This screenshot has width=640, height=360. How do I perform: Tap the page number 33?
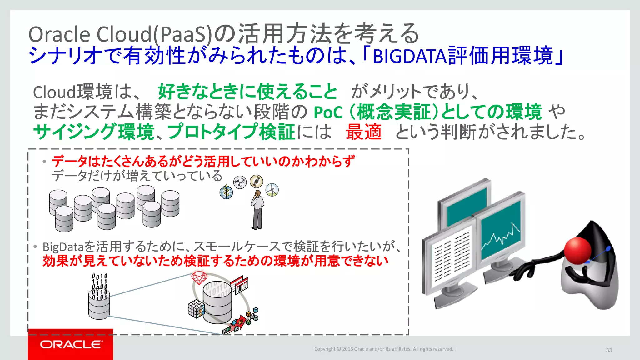coord(609,350)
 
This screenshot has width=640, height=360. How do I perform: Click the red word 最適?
coord(363,132)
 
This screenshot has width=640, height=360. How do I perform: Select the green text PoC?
coord(328,112)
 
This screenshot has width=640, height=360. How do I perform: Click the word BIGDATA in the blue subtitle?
coord(410,56)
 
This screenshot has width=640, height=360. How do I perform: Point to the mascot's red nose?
coord(578,250)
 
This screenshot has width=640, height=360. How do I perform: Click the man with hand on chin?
coord(257,209)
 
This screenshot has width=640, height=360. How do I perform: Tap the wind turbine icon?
coord(272,190)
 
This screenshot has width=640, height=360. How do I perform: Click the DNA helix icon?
coord(256,181)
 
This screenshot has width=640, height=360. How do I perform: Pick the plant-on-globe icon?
coord(226,192)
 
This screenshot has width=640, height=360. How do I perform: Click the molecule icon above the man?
coord(240,182)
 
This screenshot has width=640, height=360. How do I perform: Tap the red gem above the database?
coord(199,277)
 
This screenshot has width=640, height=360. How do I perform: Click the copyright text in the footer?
coord(383,349)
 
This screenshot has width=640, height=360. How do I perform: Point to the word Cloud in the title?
coord(124,34)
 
